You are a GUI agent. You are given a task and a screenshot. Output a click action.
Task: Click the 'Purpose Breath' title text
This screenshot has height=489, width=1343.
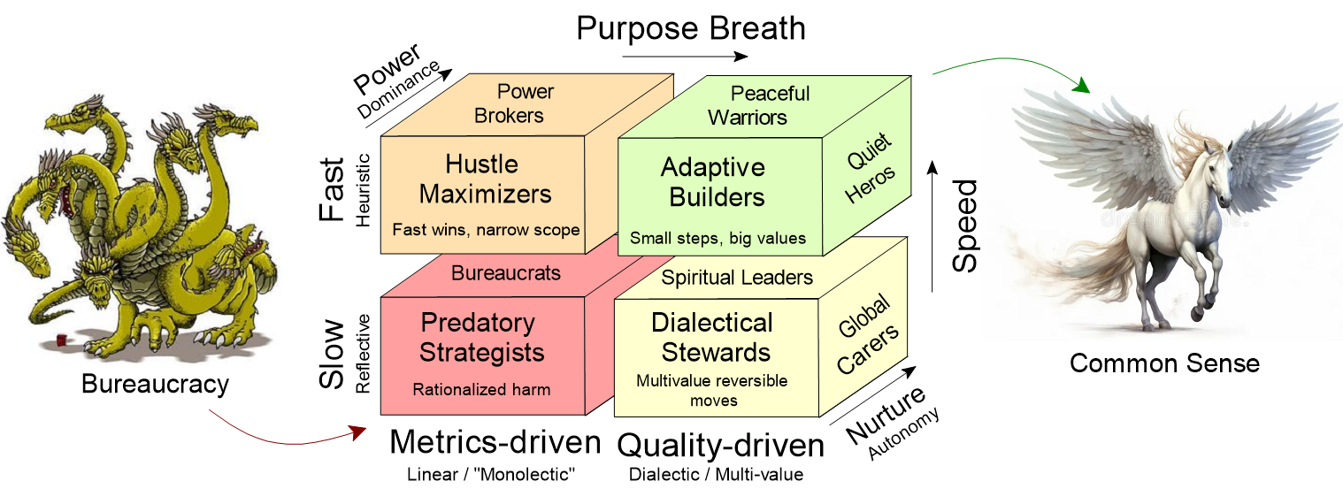pyautogui.click(x=691, y=28)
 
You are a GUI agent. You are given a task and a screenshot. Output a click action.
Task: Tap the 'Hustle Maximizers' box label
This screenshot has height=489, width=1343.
pyautogui.click(x=485, y=179)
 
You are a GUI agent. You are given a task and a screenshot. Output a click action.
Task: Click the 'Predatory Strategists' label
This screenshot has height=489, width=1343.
pyautogui.click(x=481, y=337)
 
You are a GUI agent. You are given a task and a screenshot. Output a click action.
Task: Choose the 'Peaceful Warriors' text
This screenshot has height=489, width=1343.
pyautogui.click(x=759, y=104)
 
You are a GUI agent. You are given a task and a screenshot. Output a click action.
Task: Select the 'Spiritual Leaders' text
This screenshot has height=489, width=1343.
pyautogui.click(x=737, y=278)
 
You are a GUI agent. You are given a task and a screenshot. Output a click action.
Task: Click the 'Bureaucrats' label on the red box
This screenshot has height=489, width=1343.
pyautogui.click(x=506, y=273)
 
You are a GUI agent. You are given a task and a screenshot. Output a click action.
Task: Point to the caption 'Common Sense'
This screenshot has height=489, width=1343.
pyautogui.click(x=1164, y=363)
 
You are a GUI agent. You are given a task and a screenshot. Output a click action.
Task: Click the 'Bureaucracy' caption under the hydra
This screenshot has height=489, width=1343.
pyautogui.click(x=155, y=384)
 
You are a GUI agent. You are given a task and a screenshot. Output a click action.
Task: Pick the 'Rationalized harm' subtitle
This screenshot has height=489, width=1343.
pyautogui.click(x=481, y=389)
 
